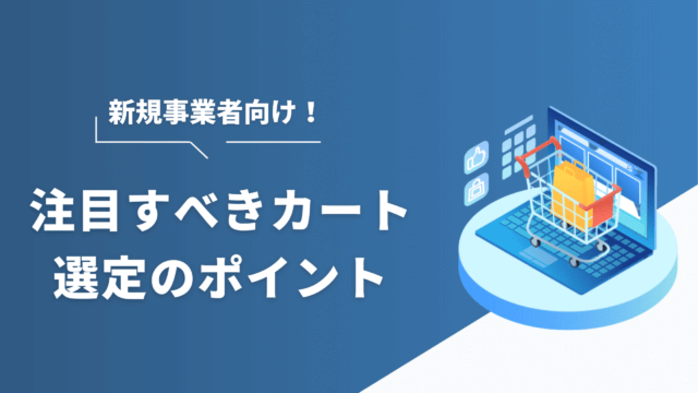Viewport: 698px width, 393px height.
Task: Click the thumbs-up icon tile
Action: (x=476, y=158)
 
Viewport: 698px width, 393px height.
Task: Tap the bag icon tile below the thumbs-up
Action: (x=476, y=190)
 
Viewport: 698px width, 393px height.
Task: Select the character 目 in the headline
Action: (x=101, y=211)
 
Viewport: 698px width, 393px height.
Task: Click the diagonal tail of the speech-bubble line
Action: (x=199, y=150)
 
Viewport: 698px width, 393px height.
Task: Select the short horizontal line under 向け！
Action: (x=273, y=142)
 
